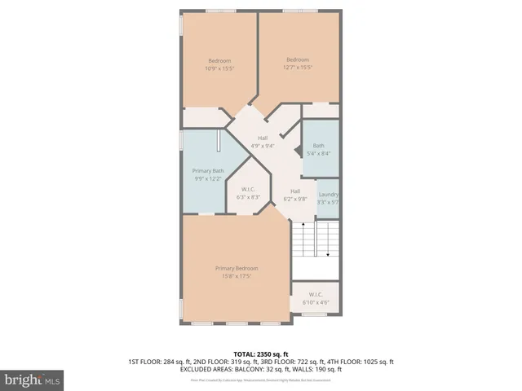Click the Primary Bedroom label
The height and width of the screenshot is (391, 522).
(237, 269)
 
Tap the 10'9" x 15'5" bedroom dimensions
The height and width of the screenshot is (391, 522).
(219, 68)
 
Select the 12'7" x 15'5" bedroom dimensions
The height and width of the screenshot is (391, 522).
(298, 66)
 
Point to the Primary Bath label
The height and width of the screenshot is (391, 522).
(207, 171)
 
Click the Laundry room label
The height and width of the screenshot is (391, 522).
(328, 195)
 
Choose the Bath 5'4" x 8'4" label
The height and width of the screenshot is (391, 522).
(318, 146)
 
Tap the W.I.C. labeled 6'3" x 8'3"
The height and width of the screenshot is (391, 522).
(248, 194)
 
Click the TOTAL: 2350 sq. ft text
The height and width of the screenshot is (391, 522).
(260, 353)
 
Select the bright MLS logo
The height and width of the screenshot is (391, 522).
(32, 380)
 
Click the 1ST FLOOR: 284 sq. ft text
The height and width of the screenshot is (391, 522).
(160, 362)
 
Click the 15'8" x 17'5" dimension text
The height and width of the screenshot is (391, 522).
(237, 276)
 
